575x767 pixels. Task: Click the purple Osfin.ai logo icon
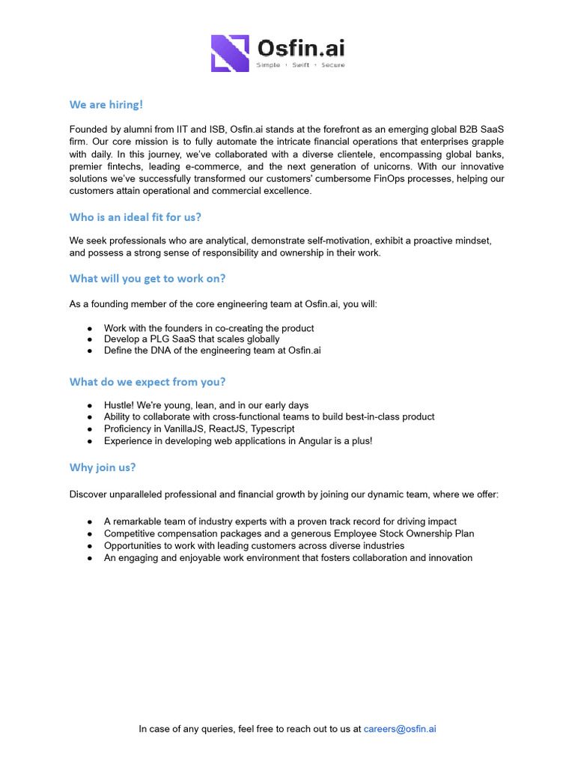point(230,53)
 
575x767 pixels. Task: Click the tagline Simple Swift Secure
point(301,65)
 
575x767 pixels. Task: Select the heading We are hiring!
point(106,104)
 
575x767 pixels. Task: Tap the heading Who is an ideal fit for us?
point(136,217)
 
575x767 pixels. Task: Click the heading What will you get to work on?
point(147,279)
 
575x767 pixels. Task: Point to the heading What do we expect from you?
point(147,382)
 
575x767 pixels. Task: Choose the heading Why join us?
point(103,467)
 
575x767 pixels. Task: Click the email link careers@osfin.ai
point(400,728)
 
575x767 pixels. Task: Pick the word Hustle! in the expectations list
point(121,404)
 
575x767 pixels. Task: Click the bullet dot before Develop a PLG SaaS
point(90,339)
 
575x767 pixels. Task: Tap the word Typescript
point(273,428)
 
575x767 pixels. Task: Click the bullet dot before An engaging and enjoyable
point(90,558)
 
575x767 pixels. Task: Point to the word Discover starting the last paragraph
point(90,494)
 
